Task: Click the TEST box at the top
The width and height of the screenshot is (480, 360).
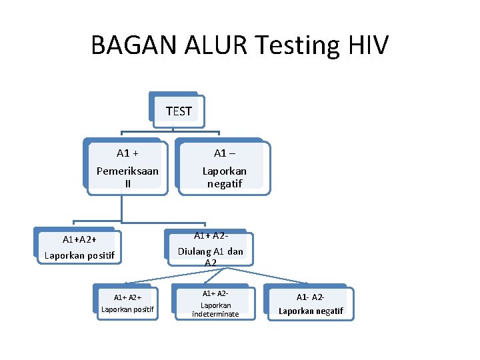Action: click(179, 111)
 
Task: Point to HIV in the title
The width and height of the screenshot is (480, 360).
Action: click(367, 45)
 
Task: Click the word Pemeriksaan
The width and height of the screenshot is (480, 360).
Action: click(127, 171)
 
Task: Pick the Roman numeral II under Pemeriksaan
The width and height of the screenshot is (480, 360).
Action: click(127, 183)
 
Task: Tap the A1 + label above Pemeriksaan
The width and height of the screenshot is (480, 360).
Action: click(127, 153)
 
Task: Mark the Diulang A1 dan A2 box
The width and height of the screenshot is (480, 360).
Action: click(211, 249)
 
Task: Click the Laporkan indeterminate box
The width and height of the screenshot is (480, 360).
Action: click(215, 304)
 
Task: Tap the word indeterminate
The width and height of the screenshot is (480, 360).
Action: click(215, 314)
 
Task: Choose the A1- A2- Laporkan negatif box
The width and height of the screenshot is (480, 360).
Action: click(311, 304)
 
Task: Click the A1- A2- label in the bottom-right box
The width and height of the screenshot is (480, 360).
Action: click(311, 297)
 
